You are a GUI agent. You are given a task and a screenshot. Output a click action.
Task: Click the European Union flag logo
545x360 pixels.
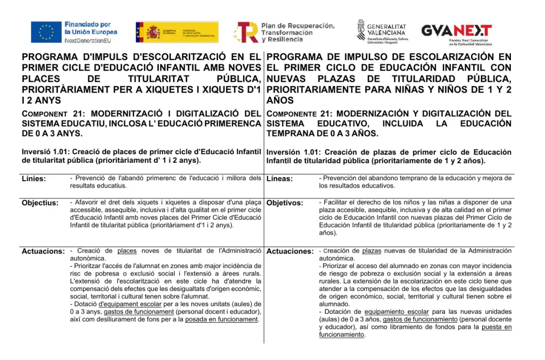click(46, 32)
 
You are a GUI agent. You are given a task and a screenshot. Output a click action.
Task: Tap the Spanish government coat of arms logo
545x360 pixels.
click(153, 32)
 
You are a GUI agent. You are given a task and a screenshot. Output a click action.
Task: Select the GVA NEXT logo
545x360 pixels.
click(456, 31)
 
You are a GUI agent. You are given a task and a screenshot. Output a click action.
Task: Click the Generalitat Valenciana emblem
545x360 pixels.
click(361, 30)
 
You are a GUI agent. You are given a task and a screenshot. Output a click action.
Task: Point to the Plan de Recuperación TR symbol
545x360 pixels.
click(247, 32)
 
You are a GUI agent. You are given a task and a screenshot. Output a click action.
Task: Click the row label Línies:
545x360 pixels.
click(34, 179)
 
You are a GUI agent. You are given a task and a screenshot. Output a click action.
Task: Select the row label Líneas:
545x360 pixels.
click(279, 179)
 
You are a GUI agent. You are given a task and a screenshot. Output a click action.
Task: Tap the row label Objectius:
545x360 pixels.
click(40, 203)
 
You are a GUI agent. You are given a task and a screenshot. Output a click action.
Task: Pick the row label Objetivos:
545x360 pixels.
click(285, 203)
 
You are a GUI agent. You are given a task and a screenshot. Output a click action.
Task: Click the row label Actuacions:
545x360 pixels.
click(43, 251)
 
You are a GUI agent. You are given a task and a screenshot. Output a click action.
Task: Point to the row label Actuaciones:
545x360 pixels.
click(290, 251)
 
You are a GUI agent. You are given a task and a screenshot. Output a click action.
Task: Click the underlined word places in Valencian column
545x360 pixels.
click(127, 250)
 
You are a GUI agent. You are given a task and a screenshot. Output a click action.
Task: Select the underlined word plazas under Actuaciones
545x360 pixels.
click(371, 250)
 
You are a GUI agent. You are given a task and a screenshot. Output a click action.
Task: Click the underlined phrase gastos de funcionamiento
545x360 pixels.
click(420, 319)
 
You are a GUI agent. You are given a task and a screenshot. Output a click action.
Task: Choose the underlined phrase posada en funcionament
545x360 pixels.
click(221, 319)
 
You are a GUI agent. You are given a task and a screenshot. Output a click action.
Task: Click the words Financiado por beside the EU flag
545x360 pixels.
click(87, 24)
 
